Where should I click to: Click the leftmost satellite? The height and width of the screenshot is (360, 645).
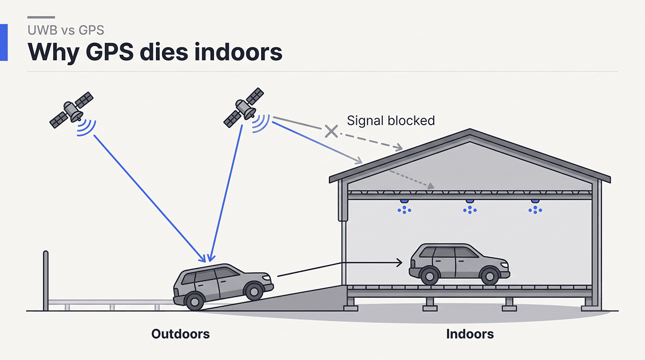click(71, 110)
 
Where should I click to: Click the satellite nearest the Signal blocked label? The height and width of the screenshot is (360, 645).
click(243, 107)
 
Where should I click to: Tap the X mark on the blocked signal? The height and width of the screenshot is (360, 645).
click(332, 131)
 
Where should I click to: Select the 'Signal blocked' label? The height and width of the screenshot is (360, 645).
click(391, 120)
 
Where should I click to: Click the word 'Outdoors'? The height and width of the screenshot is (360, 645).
click(181, 334)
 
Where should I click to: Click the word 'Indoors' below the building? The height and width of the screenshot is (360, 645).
click(470, 334)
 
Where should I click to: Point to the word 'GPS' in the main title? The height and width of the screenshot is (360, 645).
click(110, 52)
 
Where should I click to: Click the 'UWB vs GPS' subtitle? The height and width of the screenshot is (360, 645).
click(66, 30)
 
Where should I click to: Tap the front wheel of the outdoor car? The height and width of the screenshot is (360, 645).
click(254, 291)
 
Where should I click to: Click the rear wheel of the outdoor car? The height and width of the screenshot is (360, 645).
click(195, 301)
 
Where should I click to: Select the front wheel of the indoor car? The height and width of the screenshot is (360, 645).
click(490, 276)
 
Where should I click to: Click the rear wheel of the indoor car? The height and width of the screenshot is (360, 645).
click(429, 276)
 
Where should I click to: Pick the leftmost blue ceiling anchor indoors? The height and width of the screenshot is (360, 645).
click(404, 207)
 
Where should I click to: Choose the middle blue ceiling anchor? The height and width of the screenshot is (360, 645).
click(470, 207)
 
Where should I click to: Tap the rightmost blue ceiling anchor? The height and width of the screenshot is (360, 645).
click(535, 207)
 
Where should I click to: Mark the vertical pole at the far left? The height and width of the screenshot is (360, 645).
click(46, 281)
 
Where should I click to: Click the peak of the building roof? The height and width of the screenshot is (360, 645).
click(470, 129)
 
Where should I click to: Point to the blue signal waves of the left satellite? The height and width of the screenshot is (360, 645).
click(87, 128)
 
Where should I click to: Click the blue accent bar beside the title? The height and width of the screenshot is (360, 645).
click(4, 42)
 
